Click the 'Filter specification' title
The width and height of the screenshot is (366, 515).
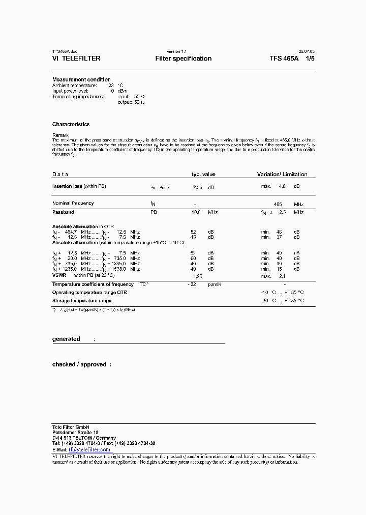point(183,59)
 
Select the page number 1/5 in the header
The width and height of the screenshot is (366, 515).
point(310,59)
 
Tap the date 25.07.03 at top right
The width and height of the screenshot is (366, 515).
point(307,51)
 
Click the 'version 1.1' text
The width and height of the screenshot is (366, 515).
point(177,51)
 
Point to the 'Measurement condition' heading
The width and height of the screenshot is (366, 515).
point(81,79)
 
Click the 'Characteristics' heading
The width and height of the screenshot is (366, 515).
point(71,124)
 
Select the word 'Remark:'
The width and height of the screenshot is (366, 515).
point(61,135)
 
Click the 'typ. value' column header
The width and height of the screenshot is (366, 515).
point(203,175)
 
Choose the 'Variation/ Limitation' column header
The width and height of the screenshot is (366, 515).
point(282,175)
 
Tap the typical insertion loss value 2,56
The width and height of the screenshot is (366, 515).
point(198,187)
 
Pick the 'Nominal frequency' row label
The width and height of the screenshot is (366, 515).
point(73,203)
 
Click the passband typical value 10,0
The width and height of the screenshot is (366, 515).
point(196,212)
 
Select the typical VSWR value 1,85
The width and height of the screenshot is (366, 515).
point(198,275)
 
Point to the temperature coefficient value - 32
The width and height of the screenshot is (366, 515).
point(191,284)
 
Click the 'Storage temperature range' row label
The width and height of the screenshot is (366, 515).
point(81,301)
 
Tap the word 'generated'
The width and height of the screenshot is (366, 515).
point(66,339)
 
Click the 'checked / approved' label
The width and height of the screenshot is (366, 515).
point(79,364)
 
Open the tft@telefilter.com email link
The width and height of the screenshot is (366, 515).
point(89,449)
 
